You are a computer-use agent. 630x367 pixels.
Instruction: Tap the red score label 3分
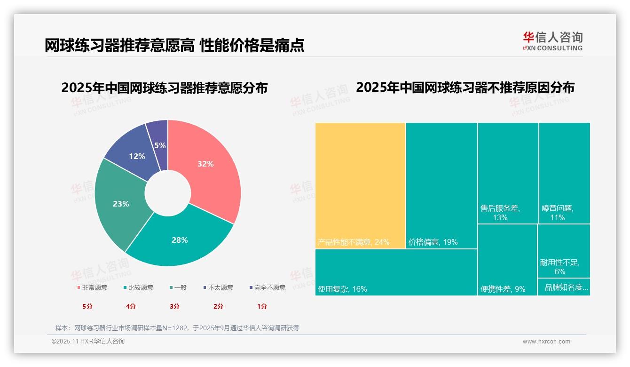[x=174, y=306]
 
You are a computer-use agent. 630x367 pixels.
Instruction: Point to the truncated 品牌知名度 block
[x=564, y=287]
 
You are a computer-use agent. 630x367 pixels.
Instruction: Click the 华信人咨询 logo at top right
[x=552, y=41]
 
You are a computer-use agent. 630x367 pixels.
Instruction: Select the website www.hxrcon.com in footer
[x=546, y=342]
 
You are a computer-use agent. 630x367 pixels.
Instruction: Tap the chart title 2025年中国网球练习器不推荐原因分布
[x=465, y=88]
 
